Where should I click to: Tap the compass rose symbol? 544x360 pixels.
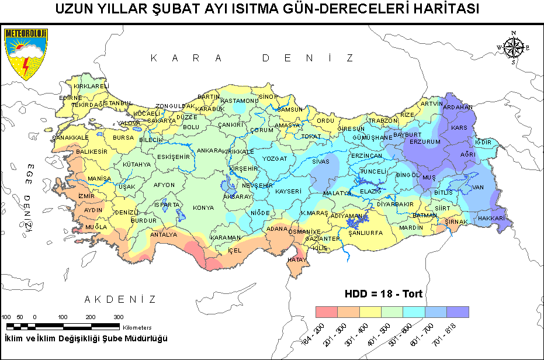[512, 47]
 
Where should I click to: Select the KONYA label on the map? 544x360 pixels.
[203, 207]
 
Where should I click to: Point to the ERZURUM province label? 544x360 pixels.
[424, 141]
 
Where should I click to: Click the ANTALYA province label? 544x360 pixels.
[164, 234]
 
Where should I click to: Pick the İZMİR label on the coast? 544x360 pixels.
[86, 196]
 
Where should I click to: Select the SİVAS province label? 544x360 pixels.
[321, 161]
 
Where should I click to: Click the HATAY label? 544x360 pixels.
[297, 259]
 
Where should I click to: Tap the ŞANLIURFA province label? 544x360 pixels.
[365, 233]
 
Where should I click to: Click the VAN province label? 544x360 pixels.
[478, 187]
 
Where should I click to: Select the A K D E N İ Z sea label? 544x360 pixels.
[120, 299]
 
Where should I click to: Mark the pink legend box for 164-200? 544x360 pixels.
[326, 311]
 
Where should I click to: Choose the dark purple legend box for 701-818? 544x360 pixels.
[458, 311]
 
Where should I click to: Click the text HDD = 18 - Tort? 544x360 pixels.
[383, 294]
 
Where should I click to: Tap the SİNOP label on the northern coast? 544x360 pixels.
[268, 96]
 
